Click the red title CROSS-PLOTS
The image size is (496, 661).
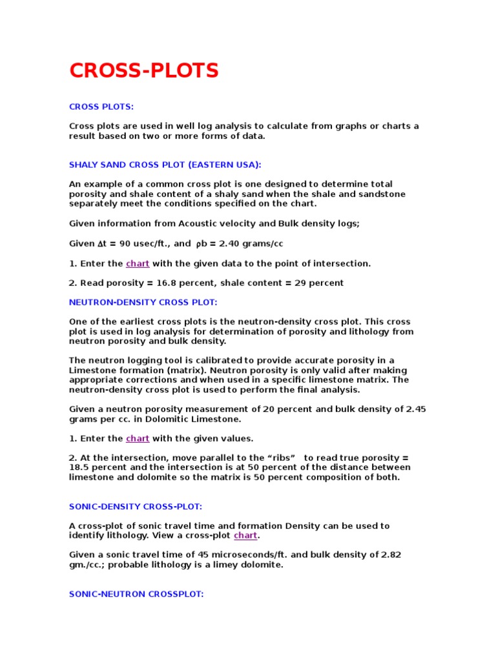[144, 71]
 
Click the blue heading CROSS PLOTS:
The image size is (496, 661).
[101, 107]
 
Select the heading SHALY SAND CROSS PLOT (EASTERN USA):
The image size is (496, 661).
[165, 165]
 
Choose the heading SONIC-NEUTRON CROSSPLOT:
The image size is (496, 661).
[136, 593]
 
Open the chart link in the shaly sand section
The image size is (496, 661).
[138, 263]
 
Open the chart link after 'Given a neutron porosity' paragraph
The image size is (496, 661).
[138, 438]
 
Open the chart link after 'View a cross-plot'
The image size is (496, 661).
[245, 536]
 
